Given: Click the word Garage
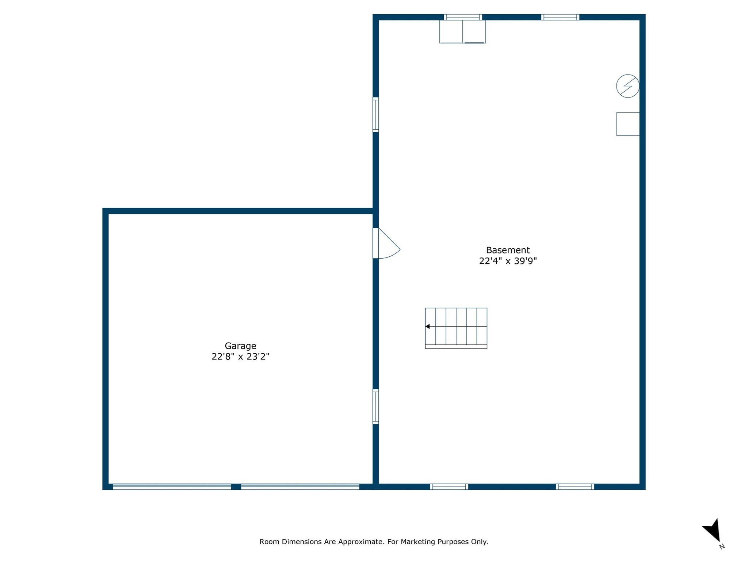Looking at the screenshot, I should [240, 346].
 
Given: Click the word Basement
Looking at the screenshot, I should [508, 250].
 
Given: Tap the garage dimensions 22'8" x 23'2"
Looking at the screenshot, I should [240, 356].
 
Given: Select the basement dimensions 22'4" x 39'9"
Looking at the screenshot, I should [508, 261].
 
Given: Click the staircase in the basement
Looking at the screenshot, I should [456, 328].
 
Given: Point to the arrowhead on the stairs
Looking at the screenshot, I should [427, 326].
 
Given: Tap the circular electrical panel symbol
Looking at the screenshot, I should [627, 86].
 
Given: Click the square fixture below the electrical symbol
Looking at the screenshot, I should [627, 124].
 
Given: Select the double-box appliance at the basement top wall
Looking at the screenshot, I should [462, 32].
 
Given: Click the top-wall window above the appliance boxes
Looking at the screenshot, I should [463, 17].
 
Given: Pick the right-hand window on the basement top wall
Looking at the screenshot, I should [560, 17].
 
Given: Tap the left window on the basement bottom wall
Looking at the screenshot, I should [449, 486].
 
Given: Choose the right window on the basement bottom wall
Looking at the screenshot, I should [575, 486].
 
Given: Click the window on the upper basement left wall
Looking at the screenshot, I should [375, 114].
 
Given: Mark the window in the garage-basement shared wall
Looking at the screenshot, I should [375, 407].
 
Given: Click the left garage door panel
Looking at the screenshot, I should [172, 486].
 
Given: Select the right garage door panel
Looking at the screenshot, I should [300, 486].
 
